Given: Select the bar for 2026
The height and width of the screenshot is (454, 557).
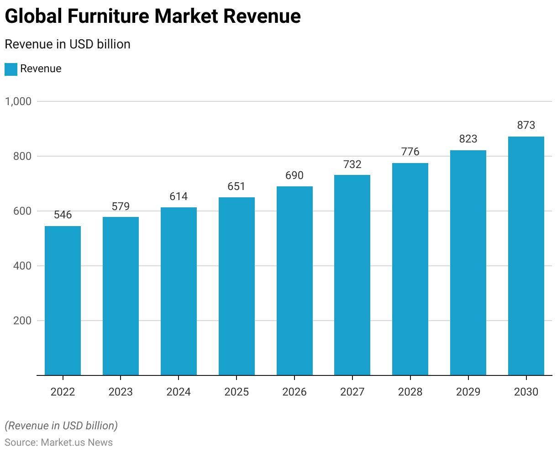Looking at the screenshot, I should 294,281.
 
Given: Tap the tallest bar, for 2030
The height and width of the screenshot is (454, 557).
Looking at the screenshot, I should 526,256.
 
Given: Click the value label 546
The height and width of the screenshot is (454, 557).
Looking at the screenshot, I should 63,215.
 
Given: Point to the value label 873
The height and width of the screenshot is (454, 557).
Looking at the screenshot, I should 526,125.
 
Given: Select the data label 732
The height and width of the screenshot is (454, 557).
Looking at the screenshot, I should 352,164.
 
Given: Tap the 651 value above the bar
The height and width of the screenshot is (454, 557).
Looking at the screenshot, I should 236,186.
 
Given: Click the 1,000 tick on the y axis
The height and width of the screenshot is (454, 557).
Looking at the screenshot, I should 18,101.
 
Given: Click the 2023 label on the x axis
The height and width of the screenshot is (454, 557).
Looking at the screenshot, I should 121,392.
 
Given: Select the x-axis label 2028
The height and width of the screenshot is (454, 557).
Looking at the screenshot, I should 410,392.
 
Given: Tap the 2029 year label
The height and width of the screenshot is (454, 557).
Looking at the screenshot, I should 468,392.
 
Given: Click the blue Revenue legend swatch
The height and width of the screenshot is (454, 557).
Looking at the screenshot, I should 11,69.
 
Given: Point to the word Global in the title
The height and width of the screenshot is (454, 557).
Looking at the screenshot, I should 33,16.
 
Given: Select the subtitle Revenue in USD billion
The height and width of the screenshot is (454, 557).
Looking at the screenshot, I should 68,44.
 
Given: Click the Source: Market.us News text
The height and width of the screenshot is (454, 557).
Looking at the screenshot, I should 58,442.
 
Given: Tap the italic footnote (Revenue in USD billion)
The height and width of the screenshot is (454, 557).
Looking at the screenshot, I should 61,426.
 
